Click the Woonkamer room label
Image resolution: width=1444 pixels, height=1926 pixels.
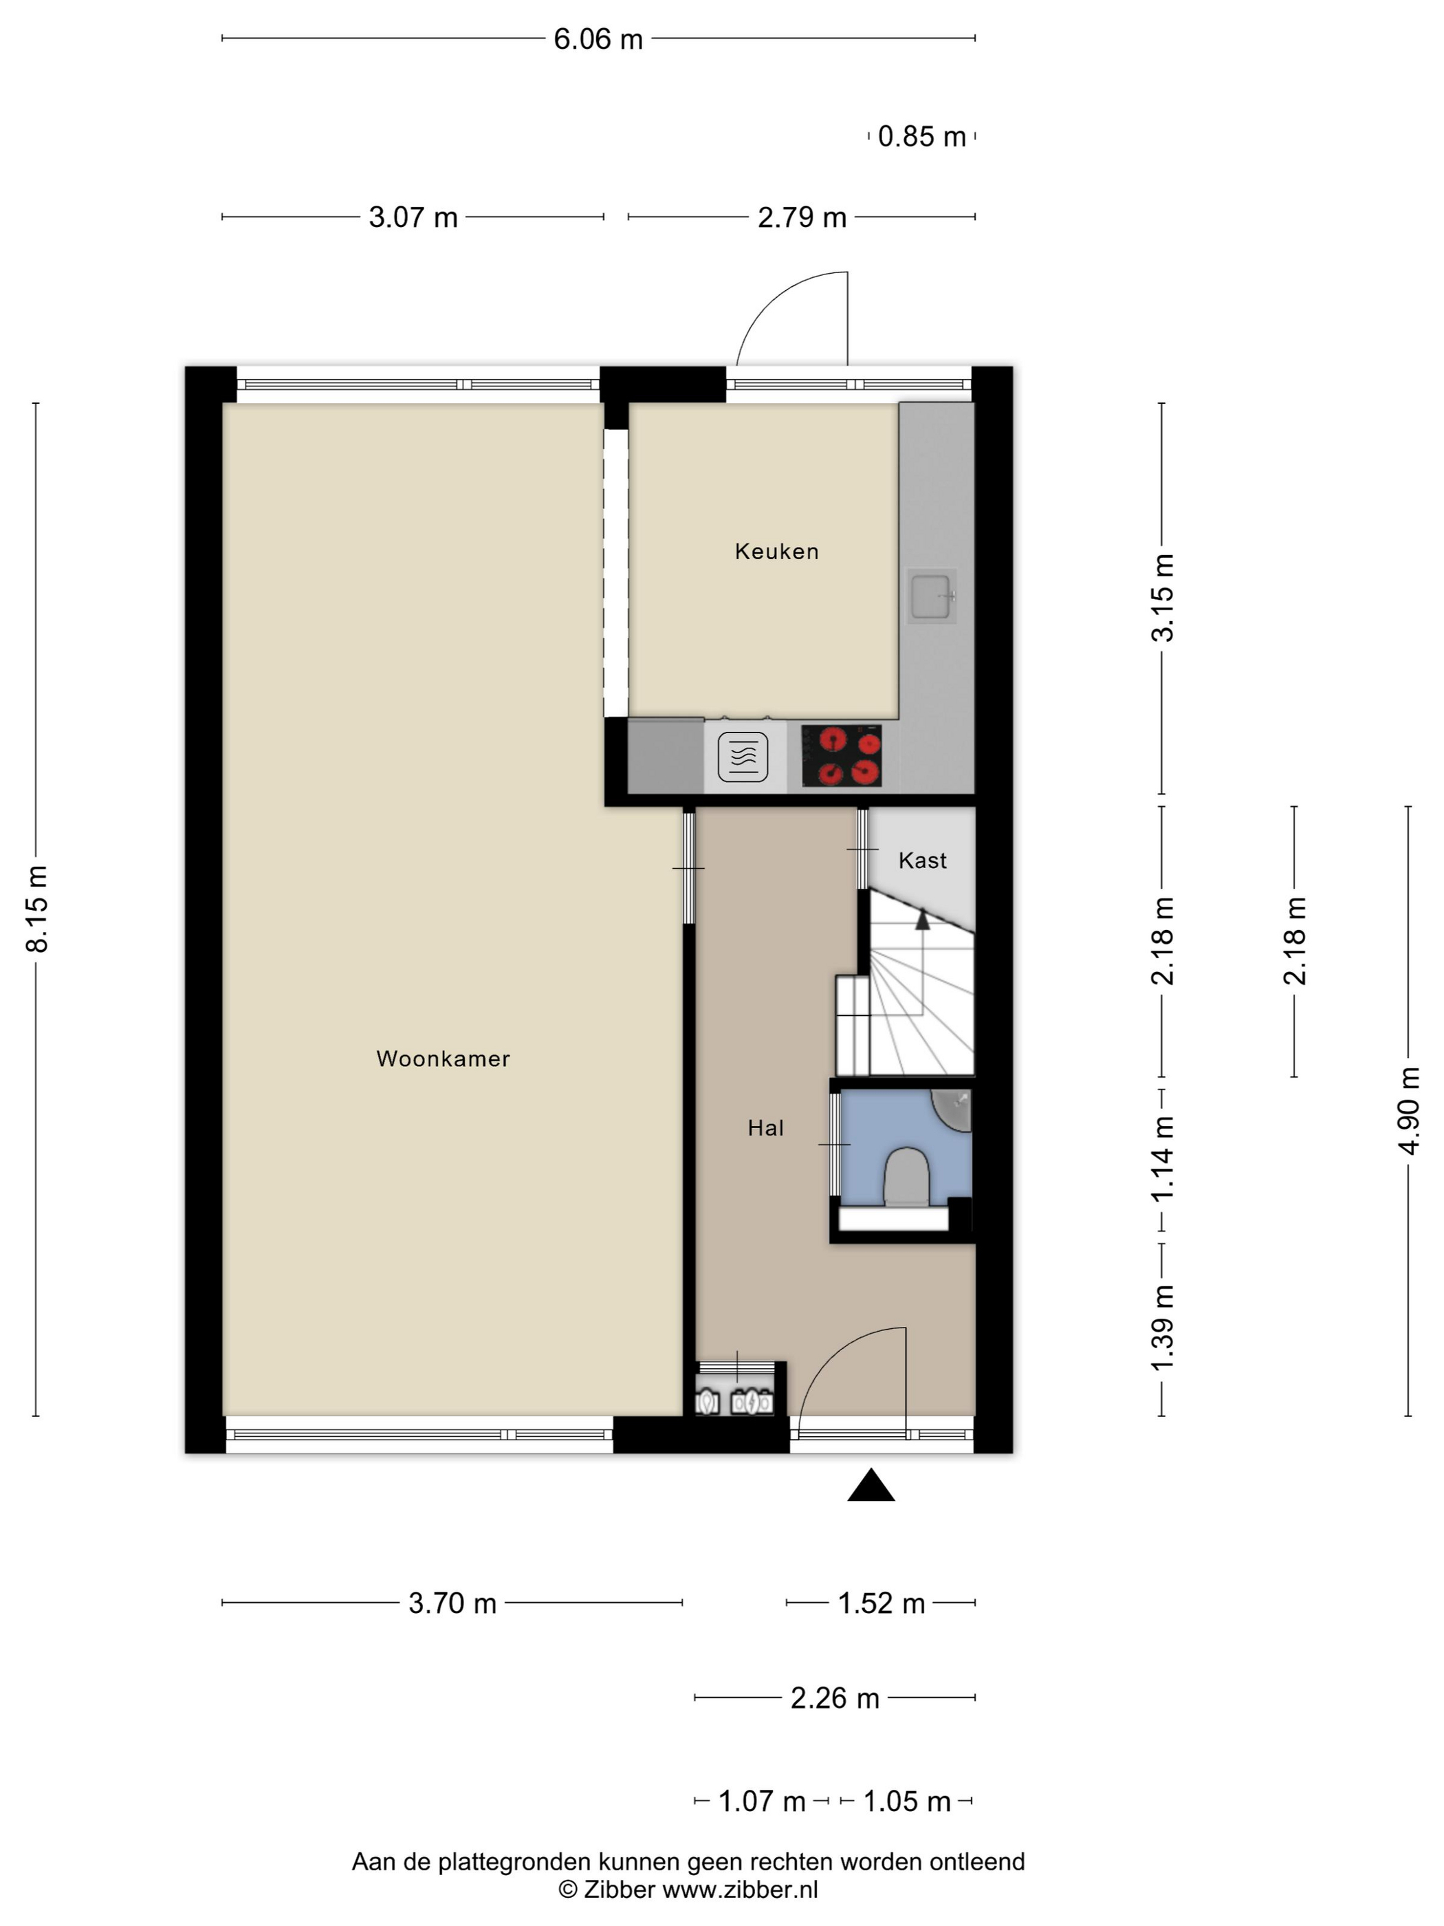(443, 1059)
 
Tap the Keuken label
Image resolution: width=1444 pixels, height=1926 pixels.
(776, 551)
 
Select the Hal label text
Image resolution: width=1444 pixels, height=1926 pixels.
(766, 1129)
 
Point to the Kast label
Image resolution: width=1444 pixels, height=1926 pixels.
(923, 861)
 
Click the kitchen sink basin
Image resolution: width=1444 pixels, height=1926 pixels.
(931, 596)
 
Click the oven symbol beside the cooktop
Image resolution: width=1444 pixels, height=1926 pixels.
(743, 757)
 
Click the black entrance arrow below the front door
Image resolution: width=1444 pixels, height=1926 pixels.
(871, 1485)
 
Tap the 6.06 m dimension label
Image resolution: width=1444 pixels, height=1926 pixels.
(598, 39)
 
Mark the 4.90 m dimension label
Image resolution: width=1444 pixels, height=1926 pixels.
(1409, 1111)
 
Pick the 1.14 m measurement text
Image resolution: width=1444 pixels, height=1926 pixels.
(1163, 1159)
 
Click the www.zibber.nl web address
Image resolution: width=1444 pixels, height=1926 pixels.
(741, 1890)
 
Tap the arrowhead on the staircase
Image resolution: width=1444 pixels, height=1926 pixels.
(923, 918)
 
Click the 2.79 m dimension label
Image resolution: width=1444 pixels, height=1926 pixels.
(802, 217)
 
